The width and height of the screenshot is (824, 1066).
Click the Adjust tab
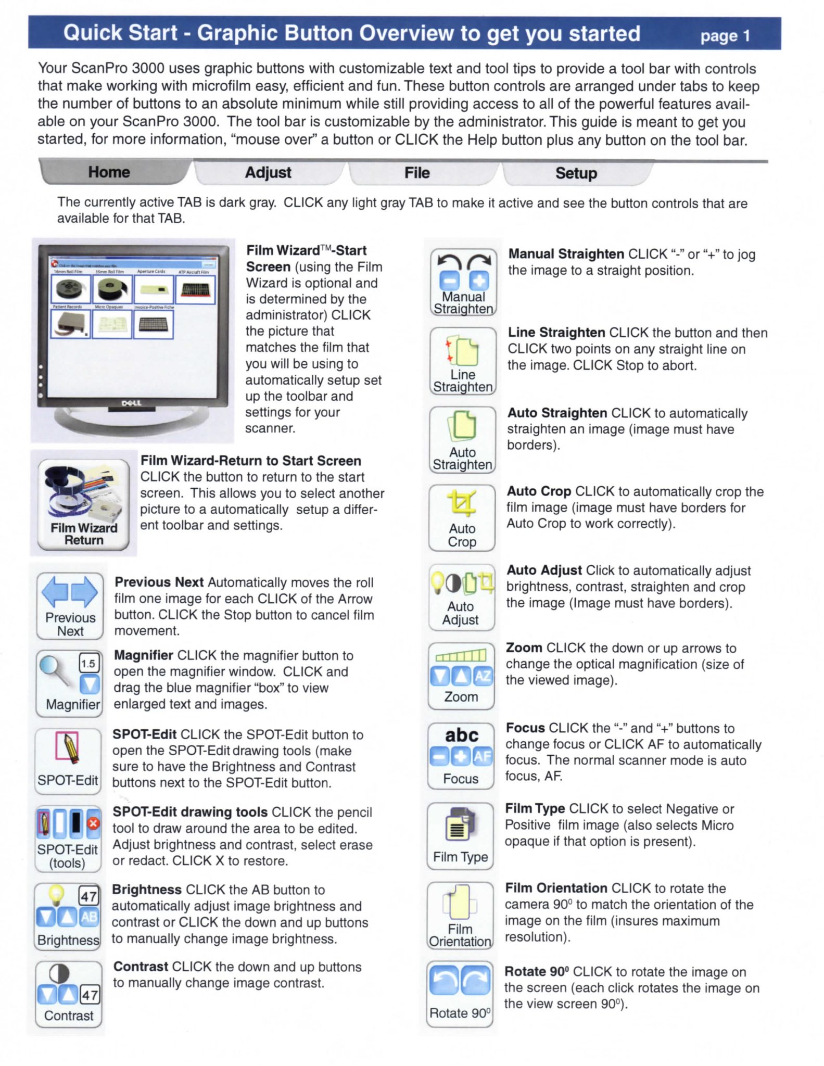268,173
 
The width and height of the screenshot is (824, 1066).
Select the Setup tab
576,173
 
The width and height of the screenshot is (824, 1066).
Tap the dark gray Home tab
109,172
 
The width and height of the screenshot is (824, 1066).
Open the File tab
417,173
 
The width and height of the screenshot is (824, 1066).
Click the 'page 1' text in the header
725,36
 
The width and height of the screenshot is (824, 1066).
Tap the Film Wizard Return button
84,504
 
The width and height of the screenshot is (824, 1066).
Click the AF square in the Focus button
483,756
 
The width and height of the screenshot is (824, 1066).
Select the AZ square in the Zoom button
483,676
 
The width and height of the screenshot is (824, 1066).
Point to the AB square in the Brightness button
89,917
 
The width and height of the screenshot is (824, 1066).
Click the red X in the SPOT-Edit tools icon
94,823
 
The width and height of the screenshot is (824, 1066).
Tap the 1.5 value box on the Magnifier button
88,664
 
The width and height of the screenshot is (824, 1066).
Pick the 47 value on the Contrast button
90,995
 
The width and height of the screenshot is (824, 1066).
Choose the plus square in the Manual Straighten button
479,281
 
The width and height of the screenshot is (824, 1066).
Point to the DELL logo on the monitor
131,403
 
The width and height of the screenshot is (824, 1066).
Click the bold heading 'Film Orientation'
556,888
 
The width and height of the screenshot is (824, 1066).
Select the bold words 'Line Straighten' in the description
556,333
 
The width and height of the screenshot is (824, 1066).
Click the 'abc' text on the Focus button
461,735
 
